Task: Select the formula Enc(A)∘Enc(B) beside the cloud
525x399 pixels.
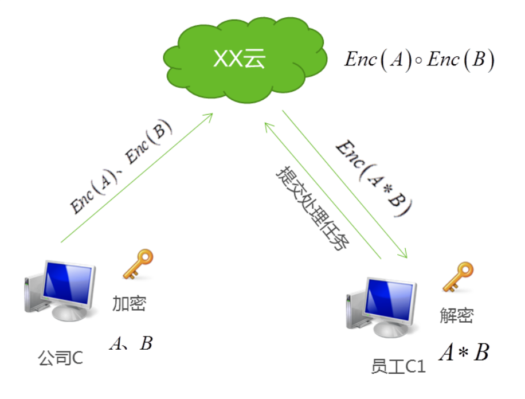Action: [x=418, y=60]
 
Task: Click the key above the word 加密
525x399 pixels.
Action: [x=138, y=265]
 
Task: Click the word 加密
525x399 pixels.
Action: [x=128, y=304]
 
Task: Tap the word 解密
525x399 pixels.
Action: [x=457, y=315]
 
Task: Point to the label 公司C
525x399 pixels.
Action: [x=60, y=359]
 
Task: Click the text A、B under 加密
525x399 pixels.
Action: [x=131, y=343]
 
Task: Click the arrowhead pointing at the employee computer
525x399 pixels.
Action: [x=403, y=253]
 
